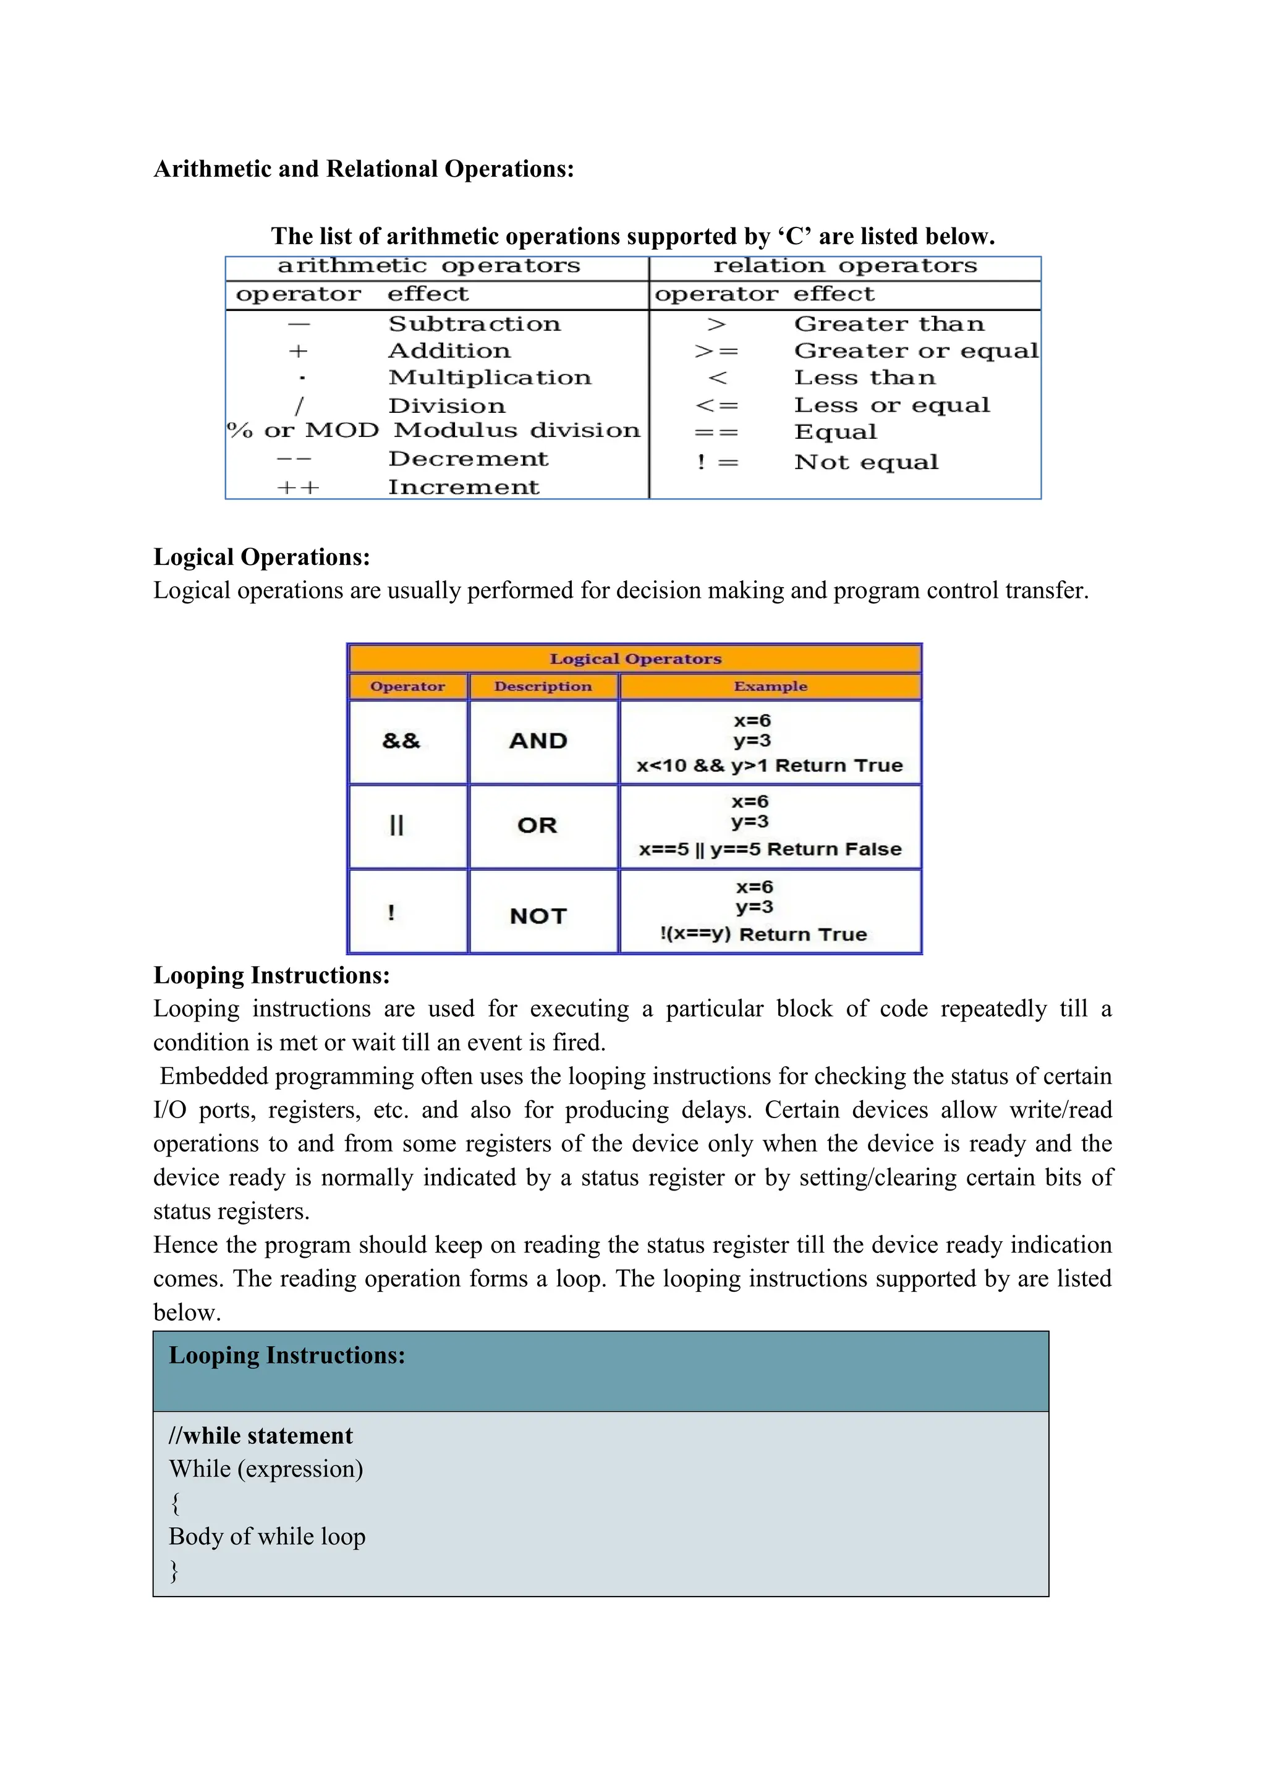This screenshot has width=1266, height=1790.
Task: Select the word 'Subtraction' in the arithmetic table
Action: click(474, 323)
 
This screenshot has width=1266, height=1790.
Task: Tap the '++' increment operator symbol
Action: click(298, 488)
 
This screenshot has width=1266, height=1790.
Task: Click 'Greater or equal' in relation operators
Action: click(916, 351)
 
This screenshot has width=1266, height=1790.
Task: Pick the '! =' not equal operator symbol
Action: click(716, 462)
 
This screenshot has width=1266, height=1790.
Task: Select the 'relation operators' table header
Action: click(844, 266)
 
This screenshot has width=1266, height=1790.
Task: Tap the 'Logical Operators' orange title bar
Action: click(635, 659)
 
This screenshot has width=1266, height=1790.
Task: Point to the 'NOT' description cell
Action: click(538, 916)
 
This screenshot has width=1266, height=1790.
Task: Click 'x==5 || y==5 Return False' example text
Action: click(770, 849)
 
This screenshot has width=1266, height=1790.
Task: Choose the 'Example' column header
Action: click(770, 686)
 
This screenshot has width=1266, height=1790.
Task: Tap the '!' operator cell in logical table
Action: click(391, 912)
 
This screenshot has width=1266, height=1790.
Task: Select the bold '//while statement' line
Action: click(260, 1435)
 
